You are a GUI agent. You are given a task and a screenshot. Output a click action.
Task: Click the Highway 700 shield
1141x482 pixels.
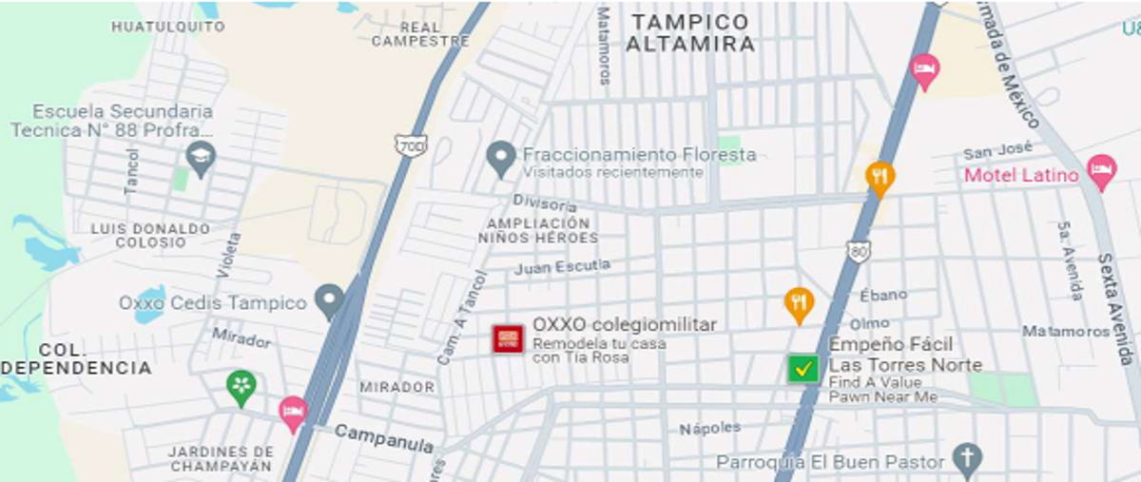411,145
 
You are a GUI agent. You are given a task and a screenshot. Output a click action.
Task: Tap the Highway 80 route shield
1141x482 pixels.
859,252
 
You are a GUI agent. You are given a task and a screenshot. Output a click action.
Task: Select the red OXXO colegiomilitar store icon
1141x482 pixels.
508,339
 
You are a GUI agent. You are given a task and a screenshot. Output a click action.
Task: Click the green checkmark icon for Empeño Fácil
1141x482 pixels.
803,368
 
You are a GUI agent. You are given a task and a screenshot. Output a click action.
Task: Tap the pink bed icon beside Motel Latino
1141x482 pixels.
1101,172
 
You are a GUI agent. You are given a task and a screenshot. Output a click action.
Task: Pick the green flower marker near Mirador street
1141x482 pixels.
242,387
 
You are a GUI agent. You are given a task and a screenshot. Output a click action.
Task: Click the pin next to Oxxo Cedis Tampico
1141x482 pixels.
330,301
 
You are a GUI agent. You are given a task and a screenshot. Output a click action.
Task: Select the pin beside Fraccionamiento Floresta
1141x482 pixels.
501,158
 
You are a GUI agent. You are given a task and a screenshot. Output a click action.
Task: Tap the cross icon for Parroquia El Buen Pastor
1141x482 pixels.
967,460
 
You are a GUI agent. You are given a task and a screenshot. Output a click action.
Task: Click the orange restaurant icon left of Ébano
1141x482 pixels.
799,303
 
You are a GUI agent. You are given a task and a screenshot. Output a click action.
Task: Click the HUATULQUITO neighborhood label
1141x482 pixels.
168,27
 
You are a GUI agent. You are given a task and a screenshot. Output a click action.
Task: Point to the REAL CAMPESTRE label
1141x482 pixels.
420,34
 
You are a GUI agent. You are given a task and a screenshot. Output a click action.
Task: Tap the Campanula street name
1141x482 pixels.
384,437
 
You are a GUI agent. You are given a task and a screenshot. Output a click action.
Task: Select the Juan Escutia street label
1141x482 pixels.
562,268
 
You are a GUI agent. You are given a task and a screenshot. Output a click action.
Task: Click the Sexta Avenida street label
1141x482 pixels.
1116,309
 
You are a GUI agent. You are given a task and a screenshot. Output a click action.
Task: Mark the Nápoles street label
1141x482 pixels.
709,429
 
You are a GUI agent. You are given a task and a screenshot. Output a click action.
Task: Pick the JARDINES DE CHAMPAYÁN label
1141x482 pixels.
221,458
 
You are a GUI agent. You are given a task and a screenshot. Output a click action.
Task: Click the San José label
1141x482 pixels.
997,152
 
